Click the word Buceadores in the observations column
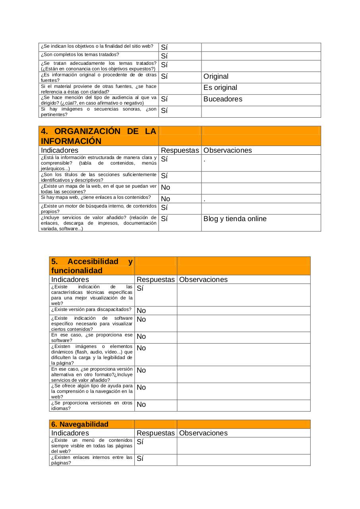click(223, 99)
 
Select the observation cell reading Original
click(216, 76)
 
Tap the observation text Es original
click(220, 88)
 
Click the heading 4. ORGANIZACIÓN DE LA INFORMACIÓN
click(99, 136)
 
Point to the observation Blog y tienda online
click(235, 219)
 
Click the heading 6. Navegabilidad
click(80, 424)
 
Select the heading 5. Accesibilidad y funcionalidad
click(92, 266)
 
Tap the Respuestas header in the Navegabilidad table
click(155, 433)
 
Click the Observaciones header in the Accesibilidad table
click(203, 280)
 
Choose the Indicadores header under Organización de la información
click(60, 150)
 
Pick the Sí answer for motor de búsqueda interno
click(164, 208)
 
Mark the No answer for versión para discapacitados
click(141, 311)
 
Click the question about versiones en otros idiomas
click(92, 406)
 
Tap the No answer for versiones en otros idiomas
click(141, 405)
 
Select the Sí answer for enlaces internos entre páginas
click(140, 458)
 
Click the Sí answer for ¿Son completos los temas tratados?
click(164, 56)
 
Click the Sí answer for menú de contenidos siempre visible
click(140, 442)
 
